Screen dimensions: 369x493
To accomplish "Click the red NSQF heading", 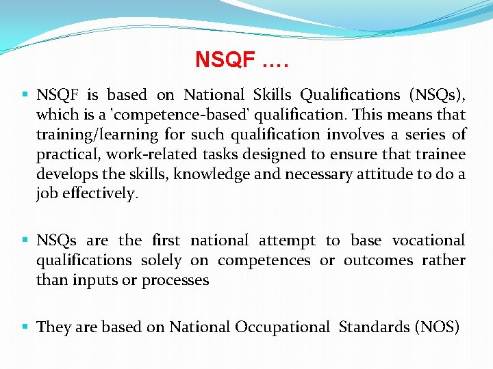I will [x=242, y=60].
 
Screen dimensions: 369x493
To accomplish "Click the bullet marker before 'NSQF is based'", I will [x=25, y=94].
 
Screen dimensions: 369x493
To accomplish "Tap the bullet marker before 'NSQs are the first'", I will [x=25, y=240].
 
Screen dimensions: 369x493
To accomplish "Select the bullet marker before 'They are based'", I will [x=25, y=327].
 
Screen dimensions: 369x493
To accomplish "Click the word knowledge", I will [x=212, y=174].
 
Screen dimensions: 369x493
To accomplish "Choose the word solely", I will [x=161, y=260].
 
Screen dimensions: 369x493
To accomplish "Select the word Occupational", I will [x=282, y=327].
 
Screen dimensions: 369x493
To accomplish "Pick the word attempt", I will [x=287, y=241].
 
